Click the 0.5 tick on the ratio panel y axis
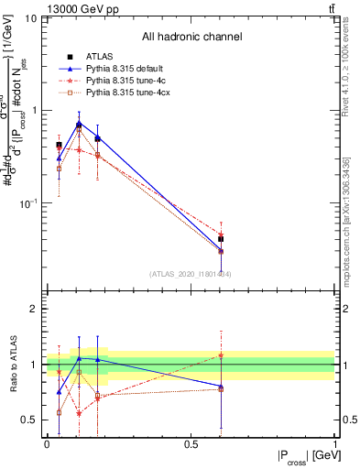point(30,420)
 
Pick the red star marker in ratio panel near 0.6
point(221,354)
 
